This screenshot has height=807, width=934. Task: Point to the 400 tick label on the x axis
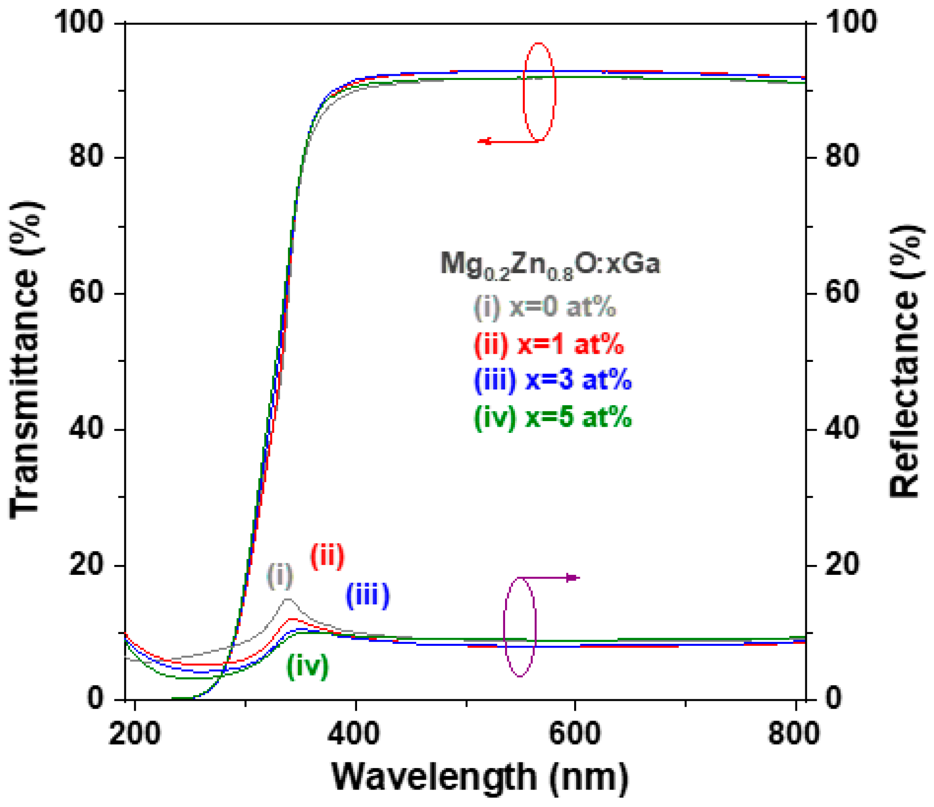pyautogui.click(x=353, y=733)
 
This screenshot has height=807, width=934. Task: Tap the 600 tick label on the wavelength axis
pyautogui.click(x=574, y=733)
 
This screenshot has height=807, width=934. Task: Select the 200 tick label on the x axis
pyautogui.click(x=134, y=733)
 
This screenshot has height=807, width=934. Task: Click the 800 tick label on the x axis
pyautogui.click(x=793, y=733)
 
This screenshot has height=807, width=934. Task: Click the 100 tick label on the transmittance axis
pyautogui.click(x=79, y=22)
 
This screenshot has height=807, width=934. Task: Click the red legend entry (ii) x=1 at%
pyautogui.click(x=549, y=344)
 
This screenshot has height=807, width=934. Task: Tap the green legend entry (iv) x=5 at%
pyautogui.click(x=553, y=417)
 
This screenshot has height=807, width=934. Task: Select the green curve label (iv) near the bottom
pyautogui.click(x=307, y=666)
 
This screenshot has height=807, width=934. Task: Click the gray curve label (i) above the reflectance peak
pyautogui.click(x=280, y=575)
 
